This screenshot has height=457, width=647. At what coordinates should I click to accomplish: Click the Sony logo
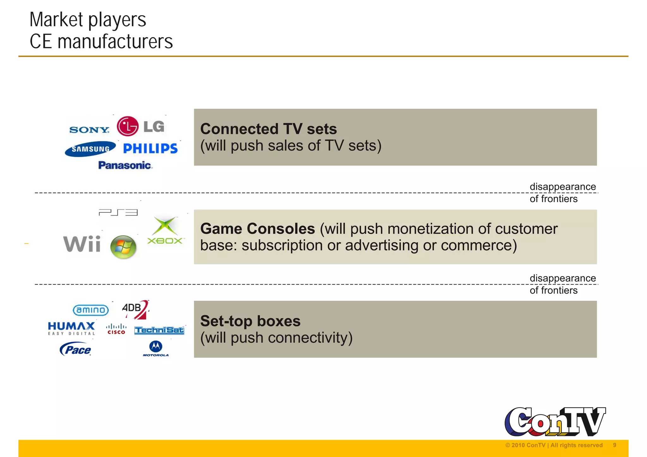89,130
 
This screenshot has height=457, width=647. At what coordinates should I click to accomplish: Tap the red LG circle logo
128,126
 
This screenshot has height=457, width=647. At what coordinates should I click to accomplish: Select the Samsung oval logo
90,149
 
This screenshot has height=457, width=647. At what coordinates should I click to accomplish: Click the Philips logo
150,148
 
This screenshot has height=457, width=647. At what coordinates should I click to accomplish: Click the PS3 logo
118,213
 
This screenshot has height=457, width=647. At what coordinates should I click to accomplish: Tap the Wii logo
82,244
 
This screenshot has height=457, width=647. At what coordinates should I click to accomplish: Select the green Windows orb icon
123,247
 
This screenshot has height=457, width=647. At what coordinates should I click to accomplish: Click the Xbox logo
165,231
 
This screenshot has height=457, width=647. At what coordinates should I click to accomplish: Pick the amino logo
91,310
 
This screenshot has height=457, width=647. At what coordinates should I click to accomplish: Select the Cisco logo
116,329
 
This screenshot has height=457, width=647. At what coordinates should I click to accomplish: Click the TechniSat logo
159,330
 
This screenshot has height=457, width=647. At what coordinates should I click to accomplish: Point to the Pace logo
76,349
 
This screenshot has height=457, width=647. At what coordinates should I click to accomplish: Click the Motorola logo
156,349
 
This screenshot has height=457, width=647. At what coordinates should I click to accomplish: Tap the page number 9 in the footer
614,445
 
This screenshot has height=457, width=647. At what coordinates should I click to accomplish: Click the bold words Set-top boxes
250,321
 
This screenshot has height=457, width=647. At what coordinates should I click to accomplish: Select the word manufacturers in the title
115,42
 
